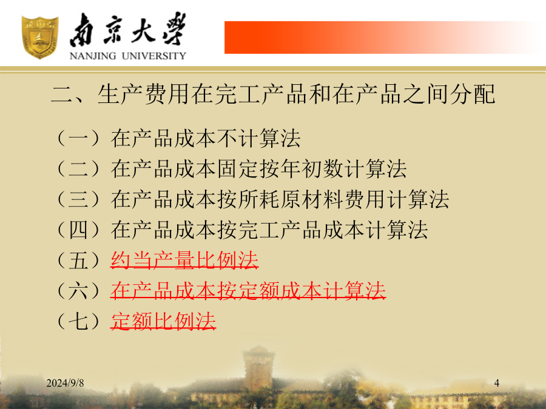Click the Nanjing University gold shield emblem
(x=39, y=37)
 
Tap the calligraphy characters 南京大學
(x=128, y=30)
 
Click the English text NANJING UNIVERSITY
(x=128, y=56)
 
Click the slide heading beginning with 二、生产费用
(x=274, y=95)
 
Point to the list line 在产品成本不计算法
(x=206, y=138)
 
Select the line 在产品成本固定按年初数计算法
(x=258, y=168)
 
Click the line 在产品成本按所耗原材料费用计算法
(x=280, y=199)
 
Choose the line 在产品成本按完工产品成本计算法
(x=269, y=230)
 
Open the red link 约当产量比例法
(x=184, y=260)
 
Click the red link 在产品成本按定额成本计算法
(x=248, y=291)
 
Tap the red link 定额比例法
(x=163, y=321)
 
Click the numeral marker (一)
(x=78, y=138)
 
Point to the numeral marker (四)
(x=78, y=230)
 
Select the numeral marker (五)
(x=78, y=260)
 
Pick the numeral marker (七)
(x=78, y=321)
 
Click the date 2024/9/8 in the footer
(x=65, y=383)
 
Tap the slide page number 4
(x=496, y=383)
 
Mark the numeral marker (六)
(x=78, y=291)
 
